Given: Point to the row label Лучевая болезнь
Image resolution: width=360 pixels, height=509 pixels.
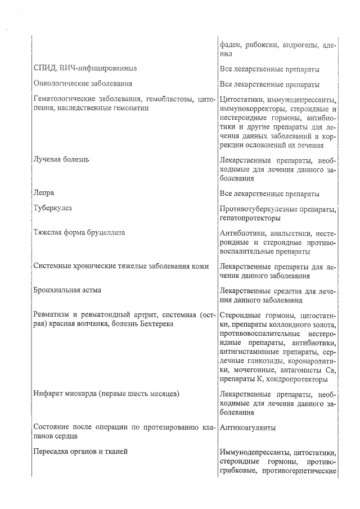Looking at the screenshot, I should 61,159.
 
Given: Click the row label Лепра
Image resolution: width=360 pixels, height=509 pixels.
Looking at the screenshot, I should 44,193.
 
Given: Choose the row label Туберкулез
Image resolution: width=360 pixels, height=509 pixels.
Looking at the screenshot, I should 52,208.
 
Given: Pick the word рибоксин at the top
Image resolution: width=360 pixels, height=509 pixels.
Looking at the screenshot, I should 258,44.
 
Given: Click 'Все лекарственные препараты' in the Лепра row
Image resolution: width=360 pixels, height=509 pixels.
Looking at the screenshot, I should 269,193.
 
